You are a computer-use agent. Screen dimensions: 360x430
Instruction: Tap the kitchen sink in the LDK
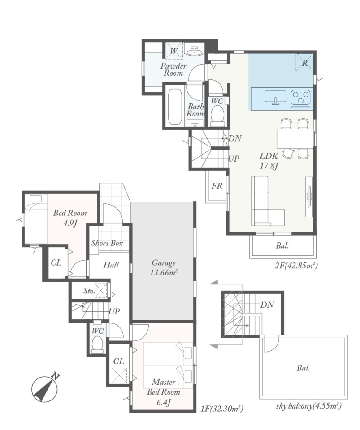tap(275, 97)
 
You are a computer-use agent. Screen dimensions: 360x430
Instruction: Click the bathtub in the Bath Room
tap(175, 107)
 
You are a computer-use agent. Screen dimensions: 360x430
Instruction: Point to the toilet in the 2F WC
tap(217, 116)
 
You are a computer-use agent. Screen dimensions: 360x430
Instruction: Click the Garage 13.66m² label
tap(164, 267)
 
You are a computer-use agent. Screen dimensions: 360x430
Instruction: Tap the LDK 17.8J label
tap(269, 161)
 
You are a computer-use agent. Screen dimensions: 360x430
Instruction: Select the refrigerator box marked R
tap(304, 63)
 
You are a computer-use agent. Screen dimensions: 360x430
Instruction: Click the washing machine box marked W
tap(173, 51)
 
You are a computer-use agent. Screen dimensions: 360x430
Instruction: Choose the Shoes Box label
tap(107, 243)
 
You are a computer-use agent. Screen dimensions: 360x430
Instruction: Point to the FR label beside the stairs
tap(217, 186)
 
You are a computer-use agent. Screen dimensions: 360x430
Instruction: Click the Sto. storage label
tap(89, 291)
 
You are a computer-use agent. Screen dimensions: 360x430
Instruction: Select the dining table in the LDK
tap(295, 138)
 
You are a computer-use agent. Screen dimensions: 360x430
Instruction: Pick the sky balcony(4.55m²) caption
tap(309, 406)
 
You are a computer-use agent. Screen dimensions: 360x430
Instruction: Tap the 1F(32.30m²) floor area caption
tap(222, 409)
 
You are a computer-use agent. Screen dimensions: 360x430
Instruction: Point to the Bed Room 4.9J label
tap(69, 218)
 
